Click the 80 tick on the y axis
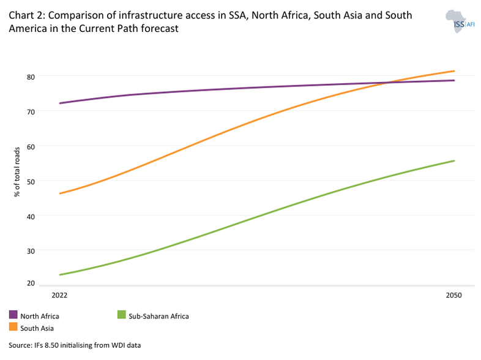point(47,77)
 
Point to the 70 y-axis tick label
point(47,111)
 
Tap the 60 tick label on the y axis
point(47,146)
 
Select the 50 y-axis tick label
point(47,181)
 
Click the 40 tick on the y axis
point(47,216)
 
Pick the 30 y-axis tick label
point(47,250)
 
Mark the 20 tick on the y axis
point(47,283)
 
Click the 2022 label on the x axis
point(59,295)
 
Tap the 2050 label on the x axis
point(454,295)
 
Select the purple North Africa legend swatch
point(13,315)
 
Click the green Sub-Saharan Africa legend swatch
point(121,315)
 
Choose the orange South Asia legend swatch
point(13,328)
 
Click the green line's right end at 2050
point(454,161)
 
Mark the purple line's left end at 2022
point(59,103)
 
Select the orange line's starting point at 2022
point(59,193)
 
